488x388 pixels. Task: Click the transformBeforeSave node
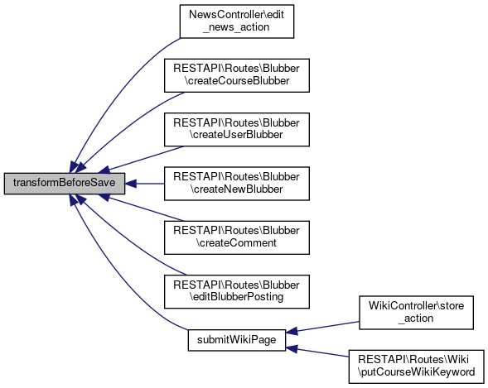(x=65, y=184)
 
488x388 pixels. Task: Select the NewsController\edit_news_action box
(x=237, y=22)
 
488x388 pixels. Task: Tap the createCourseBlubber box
(x=237, y=75)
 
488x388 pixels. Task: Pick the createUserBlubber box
(x=237, y=130)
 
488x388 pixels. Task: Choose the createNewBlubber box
(x=237, y=184)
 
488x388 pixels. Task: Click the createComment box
(x=237, y=237)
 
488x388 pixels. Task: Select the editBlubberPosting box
(x=237, y=291)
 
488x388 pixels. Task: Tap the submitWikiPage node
(x=236, y=340)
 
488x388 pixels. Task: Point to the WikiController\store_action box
(x=417, y=313)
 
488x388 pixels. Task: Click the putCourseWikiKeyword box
(x=417, y=366)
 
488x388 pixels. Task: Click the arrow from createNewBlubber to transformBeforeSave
(x=145, y=184)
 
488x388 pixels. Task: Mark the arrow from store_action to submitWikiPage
(x=322, y=328)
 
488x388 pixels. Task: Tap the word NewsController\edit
(x=236, y=15)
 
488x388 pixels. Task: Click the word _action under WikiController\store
(x=416, y=319)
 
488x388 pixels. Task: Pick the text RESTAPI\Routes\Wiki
(x=413, y=360)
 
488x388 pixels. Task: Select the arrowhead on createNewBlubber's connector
(x=131, y=184)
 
